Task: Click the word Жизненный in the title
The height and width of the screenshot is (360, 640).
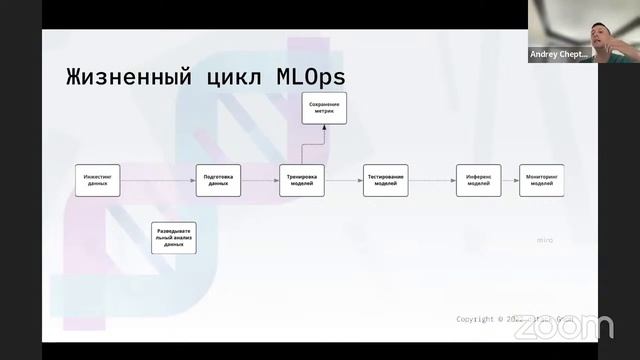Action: coord(126,76)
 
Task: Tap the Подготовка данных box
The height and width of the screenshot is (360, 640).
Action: coord(218,180)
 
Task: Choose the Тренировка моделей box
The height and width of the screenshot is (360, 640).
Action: coord(301,180)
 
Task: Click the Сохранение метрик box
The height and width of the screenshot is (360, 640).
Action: coord(324,108)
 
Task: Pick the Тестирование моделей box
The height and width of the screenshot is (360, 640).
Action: coord(385,180)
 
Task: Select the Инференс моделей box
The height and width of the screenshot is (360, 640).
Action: coord(478,180)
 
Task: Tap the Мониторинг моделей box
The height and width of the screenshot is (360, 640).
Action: coord(541,180)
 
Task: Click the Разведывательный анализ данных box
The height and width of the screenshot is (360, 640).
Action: coord(173,237)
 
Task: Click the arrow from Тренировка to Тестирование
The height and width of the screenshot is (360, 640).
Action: coord(343,180)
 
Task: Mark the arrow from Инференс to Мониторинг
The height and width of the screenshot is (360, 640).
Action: coord(510,180)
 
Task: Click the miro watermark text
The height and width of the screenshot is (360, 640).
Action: coord(545,240)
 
